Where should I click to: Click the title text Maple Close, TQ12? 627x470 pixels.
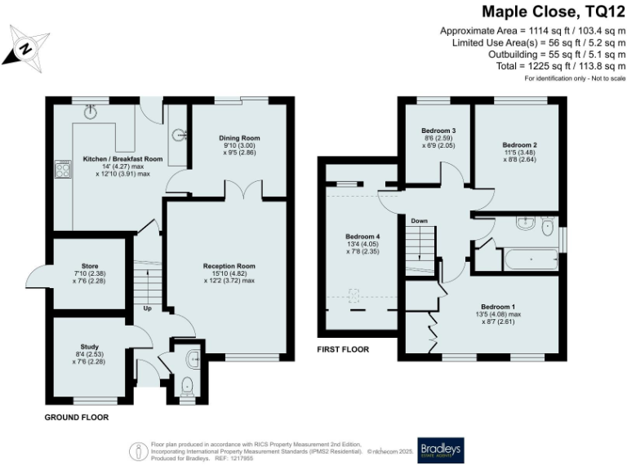[554, 11]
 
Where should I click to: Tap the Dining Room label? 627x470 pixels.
[239, 138]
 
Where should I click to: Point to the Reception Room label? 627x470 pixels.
[229, 266]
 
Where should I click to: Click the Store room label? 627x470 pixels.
[85, 272]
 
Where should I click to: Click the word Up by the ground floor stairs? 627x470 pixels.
[148, 309]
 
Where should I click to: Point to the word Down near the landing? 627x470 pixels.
[419, 220]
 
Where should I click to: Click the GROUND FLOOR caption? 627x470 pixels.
[77, 417]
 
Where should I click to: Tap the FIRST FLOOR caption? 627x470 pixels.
[343, 349]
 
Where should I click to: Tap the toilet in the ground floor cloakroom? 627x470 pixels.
[187, 384]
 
